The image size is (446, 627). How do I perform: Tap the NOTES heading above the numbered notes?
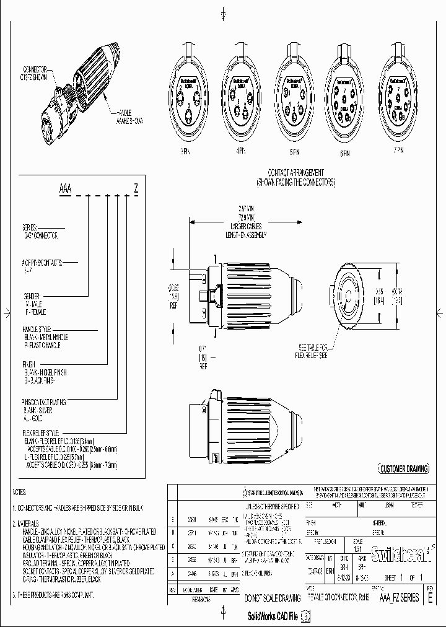point(19,491)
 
